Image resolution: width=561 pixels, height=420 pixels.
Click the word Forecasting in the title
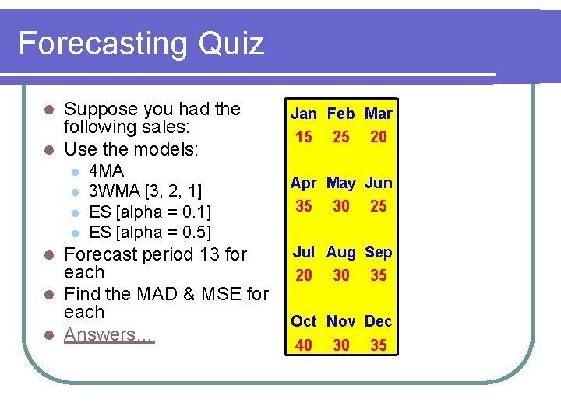pyautogui.click(x=103, y=44)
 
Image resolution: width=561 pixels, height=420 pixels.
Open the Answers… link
pyautogui.click(x=109, y=334)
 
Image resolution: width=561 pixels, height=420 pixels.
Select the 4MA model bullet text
pyautogui.click(x=107, y=171)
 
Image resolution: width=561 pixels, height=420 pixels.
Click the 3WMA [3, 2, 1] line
pyautogui.click(x=146, y=191)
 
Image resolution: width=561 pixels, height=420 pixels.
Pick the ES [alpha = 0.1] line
pyautogui.click(x=150, y=212)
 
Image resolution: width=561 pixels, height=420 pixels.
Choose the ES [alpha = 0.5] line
pyautogui.click(x=150, y=232)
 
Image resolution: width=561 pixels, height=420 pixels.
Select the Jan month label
pyautogui.click(x=304, y=114)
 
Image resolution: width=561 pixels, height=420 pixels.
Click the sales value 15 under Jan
pyautogui.click(x=304, y=137)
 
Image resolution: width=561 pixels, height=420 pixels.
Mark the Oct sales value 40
pyautogui.click(x=304, y=345)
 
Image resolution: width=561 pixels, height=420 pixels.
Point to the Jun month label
pyautogui.click(x=379, y=184)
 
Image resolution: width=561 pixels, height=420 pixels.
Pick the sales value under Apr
pyautogui.click(x=304, y=206)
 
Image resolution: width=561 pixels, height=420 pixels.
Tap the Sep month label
pyautogui.click(x=379, y=252)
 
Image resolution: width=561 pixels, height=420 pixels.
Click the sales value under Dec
pyautogui.click(x=379, y=345)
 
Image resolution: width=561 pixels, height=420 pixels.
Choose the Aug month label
pyautogui.click(x=341, y=252)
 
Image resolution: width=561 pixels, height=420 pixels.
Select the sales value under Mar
pyautogui.click(x=379, y=137)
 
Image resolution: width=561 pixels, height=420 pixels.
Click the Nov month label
pyautogui.click(x=341, y=321)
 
